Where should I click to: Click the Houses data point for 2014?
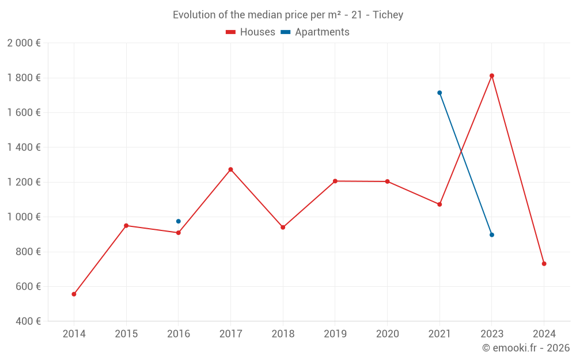(x=74, y=294)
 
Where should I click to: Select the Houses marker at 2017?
(x=230, y=169)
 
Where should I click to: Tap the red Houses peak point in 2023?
(x=492, y=75)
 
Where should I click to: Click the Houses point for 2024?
(x=544, y=264)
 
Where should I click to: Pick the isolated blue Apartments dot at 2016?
(x=179, y=221)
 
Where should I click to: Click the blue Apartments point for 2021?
(x=439, y=93)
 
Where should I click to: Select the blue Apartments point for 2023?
(x=492, y=235)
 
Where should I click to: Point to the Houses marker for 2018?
(x=283, y=228)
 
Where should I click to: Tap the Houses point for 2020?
(x=387, y=181)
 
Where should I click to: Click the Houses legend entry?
(x=251, y=32)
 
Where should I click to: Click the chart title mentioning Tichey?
(x=288, y=15)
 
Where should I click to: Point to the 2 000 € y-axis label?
(x=24, y=43)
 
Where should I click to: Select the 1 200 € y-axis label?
(x=24, y=182)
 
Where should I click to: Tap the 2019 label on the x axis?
(x=335, y=334)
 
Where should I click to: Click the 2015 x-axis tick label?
(x=126, y=334)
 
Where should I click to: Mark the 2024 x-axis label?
(x=544, y=334)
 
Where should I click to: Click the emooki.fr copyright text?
(x=526, y=348)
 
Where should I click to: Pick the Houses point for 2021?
(x=439, y=204)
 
